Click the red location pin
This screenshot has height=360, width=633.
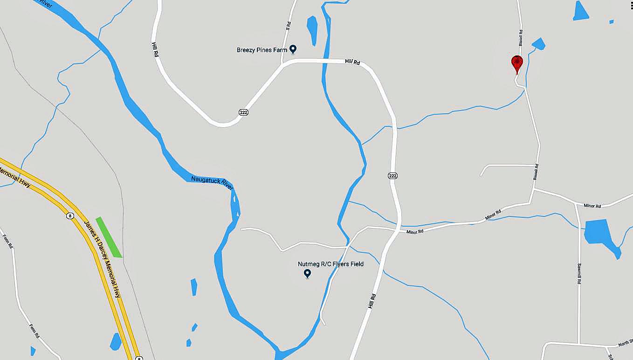[x=516, y=63]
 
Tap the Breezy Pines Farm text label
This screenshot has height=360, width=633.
[x=261, y=50]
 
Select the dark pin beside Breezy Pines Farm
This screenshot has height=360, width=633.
[x=293, y=48]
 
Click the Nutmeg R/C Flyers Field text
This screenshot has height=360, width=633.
[x=330, y=264]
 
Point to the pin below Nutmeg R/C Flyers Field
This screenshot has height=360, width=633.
[x=307, y=274]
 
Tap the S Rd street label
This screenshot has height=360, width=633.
[x=288, y=26]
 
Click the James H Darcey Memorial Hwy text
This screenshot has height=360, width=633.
[x=102, y=258]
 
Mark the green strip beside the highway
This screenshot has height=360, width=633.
[x=109, y=237]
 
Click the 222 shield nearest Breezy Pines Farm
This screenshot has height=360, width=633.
[x=243, y=112]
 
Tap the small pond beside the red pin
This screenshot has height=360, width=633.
[x=538, y=44]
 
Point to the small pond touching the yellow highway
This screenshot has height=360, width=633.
[x=116, y=342]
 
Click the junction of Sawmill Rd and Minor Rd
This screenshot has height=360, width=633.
[x=577, y=203]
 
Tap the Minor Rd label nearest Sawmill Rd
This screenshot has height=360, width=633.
[x=592, y=206]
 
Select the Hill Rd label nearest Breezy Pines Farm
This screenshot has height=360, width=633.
[x=353, y=62]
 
